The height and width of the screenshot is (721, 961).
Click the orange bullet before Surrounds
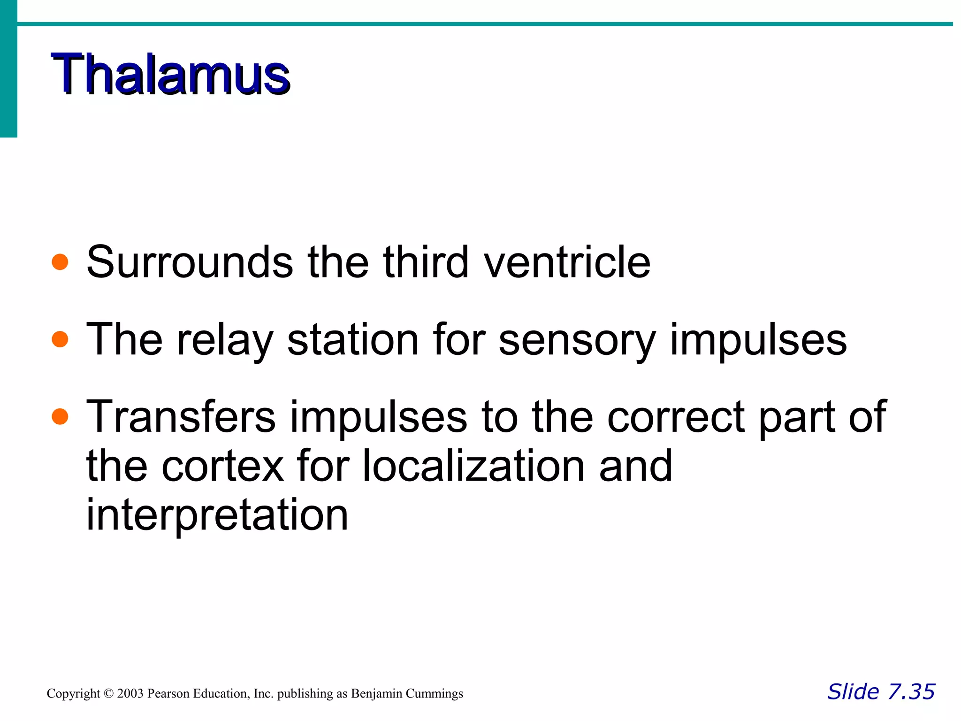click(x=60, y=262)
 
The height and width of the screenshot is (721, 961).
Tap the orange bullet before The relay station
click(x=60, y=339)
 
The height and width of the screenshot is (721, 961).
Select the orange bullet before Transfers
click(x=60, y=416)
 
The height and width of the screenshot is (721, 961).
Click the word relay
click(x=224, y=340)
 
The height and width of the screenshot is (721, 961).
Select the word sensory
click(x=577, y=340)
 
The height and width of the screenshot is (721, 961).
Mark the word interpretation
click(x=217, y=515)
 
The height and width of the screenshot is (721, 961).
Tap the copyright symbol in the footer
click(x=109, y=693)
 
